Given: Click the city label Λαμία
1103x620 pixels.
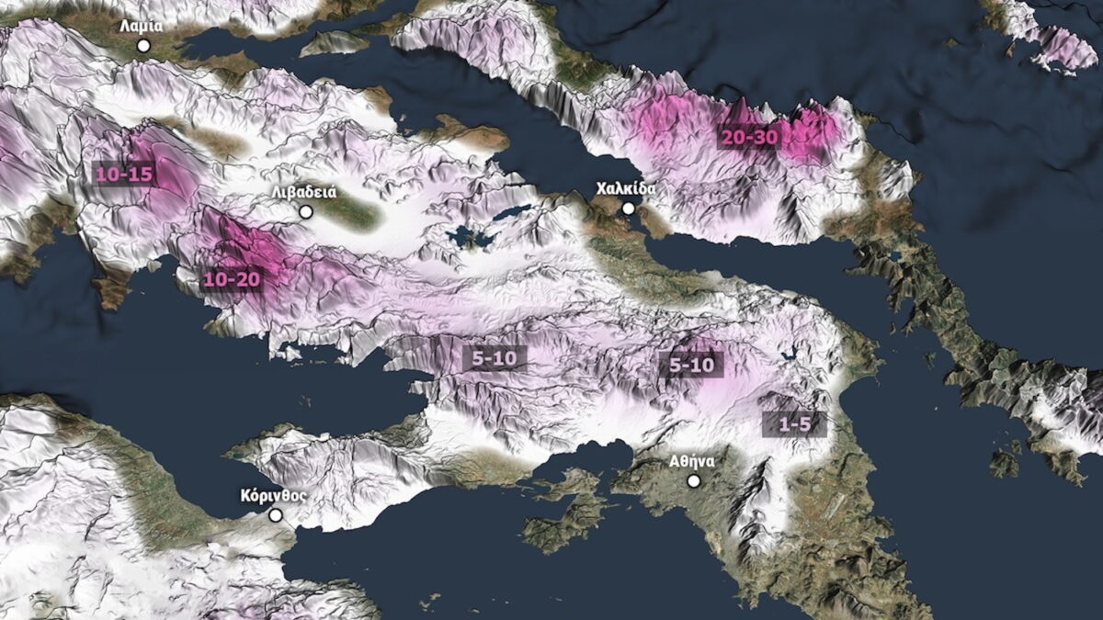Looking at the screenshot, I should pos(141,27).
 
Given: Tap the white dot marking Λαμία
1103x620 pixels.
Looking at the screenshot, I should pos(143,45).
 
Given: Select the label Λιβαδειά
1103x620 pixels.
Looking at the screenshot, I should pos(304,193).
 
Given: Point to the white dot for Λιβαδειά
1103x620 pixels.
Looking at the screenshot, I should pos(306,211).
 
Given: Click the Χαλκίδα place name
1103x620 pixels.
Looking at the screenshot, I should pos(627,189).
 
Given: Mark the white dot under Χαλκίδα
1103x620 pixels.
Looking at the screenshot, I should pos(629,209).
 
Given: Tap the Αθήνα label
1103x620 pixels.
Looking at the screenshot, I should pos(692,461).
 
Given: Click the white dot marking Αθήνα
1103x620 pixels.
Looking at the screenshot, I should pos(694,480).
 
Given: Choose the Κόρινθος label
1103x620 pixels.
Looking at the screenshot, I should pos(273,496).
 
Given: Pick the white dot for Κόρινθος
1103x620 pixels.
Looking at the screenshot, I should pos(275,515).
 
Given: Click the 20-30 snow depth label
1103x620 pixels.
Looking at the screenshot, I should pos(749,136).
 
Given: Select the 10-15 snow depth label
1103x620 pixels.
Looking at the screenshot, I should pos(124,173).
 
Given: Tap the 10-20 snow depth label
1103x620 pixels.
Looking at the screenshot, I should pos(233,278).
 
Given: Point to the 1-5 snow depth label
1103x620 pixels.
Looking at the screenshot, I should pos(794,424).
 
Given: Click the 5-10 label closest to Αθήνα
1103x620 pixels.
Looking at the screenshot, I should pos(691,365).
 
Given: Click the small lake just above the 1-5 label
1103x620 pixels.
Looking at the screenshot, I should pos(787,353).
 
